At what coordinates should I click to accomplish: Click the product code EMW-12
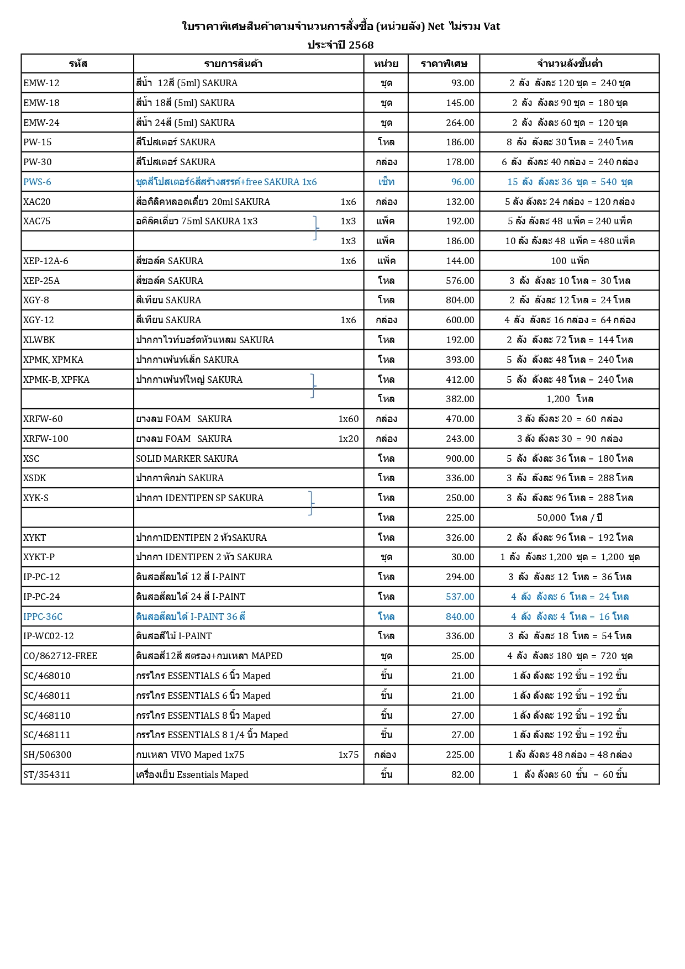pyautogui.click(x=41, y=83)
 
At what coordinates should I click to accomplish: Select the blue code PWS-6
pyautogui.click(x=37, y=182)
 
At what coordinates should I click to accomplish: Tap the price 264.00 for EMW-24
pyautogui.click(x=460, y=123)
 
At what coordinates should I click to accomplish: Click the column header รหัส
pyautogui.click(x=78, y=64)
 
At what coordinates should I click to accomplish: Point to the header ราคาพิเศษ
pyautogui.click(x=444, y=64)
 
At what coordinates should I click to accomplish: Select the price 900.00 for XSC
pyautogui.click(x=460, y=459)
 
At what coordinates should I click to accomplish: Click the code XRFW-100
pyautogui.click(x=46, y=439)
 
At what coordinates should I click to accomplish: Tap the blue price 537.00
pyautogui.click(x=460, y=597)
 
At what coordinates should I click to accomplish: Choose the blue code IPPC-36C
pyautogui.click(x=43, y=617)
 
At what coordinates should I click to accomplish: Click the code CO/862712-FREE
pyautogui.click(x=60, y=656)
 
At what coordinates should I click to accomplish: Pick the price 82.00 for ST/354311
pyautogui.click(x=462, y=775)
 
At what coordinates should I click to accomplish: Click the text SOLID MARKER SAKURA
pyautogui.click(x=187, y=459)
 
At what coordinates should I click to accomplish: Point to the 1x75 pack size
pyautogui.click(x=348, y=755)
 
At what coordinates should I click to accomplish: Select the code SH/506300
pyautogui.click(x=48, y=755)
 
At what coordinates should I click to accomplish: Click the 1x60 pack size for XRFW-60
pyautogui.click(x=348, y=419)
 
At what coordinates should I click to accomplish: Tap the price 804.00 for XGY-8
pyautogui.click(x=460, y=300)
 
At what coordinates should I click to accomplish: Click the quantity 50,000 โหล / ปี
pyautogui.click(x=570, y=518)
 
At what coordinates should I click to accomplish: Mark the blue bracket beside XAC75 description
pyautogui.click(x=315, y=228)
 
